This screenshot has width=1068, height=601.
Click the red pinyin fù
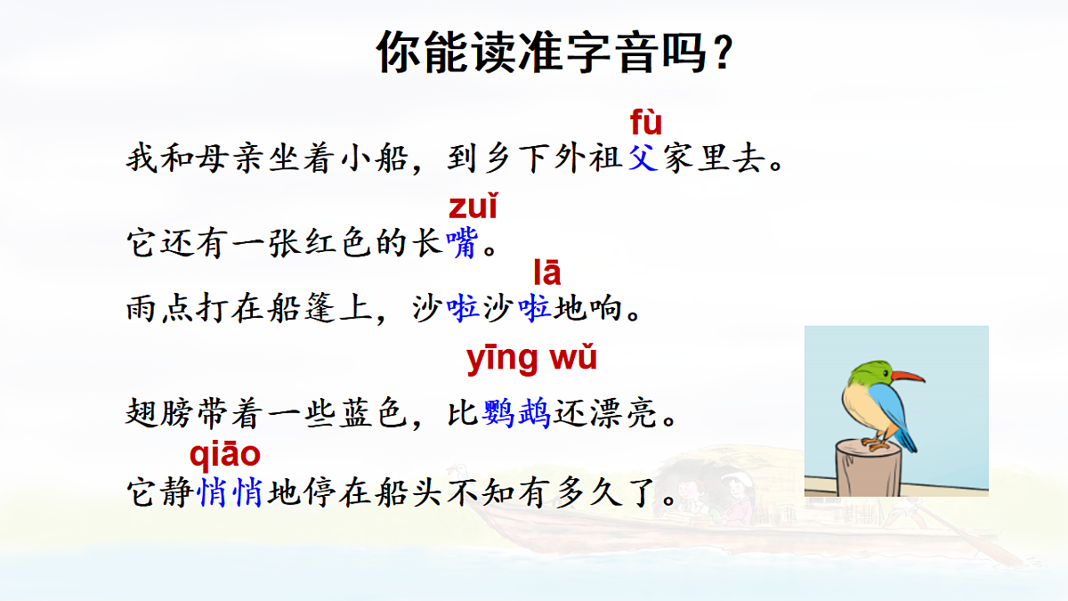[x=646, y=122]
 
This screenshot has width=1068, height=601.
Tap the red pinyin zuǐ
[x=473, y=207]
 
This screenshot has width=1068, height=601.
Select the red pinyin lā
[x=547, y=272]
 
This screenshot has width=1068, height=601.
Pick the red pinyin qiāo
[x=225, y=455]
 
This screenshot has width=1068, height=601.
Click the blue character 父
[x=643, y=160]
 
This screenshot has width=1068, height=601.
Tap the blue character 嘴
[x=462, y=243]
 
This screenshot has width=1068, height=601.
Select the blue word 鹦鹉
[x=517, y=413]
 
